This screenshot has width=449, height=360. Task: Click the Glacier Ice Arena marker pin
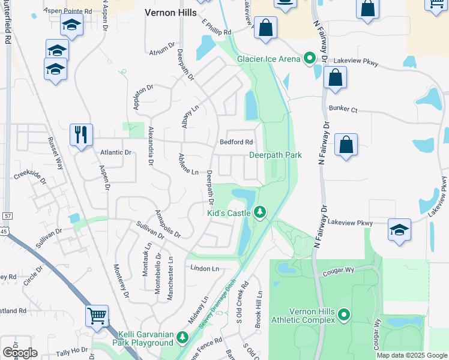(x=310, y=59)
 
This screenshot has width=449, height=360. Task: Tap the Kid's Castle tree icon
(x=260, y=212)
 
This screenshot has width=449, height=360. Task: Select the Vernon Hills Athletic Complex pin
(x=344, y=314)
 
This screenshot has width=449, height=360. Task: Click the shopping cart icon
(x=97, y=315)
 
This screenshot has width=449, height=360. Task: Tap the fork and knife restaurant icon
(x=81, y=134)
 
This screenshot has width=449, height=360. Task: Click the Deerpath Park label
(x=276, y=155)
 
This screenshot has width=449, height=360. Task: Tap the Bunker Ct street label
(x=343, y=110)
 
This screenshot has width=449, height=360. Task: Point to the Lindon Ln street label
(x=204, y=268)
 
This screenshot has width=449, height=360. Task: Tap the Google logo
(x=19, y=353)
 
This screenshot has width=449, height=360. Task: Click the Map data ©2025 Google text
(x=412, y=355)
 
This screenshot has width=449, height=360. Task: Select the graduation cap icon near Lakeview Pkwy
(x=399, y=230)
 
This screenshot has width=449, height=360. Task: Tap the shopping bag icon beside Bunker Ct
(x=346, y=145)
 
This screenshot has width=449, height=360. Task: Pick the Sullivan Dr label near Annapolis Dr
(x=151, y=229)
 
